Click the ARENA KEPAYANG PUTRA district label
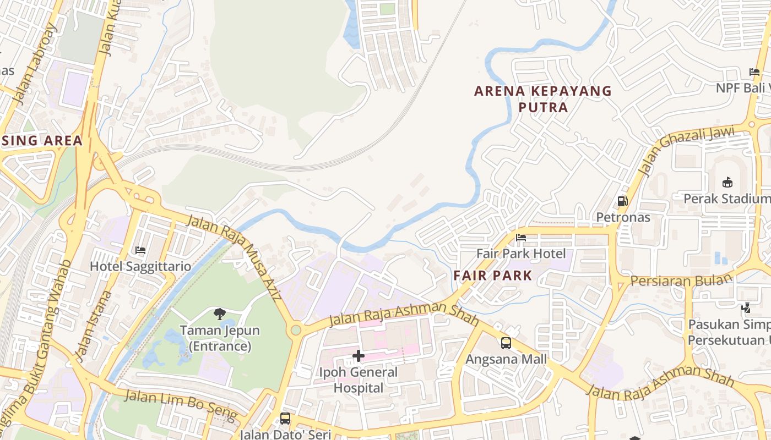point(543,98)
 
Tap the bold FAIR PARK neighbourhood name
point(493,276)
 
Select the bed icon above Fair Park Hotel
point(520,238)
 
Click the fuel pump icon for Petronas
point(623,201)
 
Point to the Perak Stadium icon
point(727,182)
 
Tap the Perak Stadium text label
point(726,199)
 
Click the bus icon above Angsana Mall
point(506,343)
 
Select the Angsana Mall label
point(506,359)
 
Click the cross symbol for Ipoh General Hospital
point(359,356)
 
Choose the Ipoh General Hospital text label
point(359,380)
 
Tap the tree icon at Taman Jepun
point(220,314)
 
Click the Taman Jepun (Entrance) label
point(220,339)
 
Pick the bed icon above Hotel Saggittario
point(140,250)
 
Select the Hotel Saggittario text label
point(140,267)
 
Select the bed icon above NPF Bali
point(754,72)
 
